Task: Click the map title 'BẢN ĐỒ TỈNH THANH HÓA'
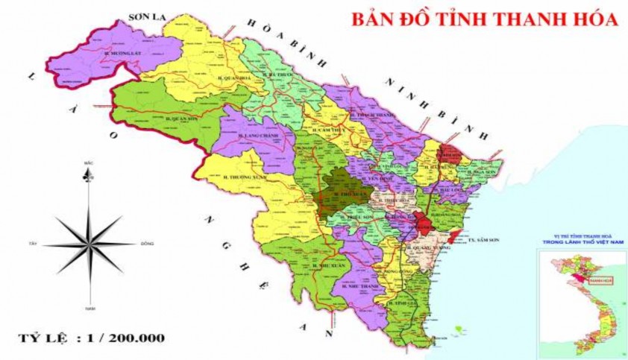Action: [x=485, y=20]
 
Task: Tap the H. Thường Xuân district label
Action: [x=243, y=177]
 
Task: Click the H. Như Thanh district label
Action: [x=356, y=284]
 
